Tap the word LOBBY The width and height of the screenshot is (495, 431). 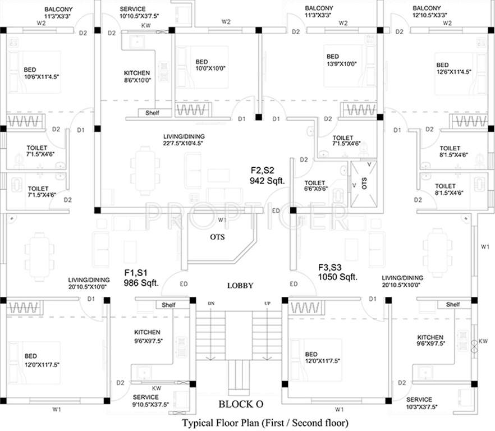[240, 286]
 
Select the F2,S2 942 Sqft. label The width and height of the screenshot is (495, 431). [268, 175]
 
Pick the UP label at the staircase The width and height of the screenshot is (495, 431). [267, 304]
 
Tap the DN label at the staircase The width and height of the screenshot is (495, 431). [211, 304]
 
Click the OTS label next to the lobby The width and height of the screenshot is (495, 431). [217, 237]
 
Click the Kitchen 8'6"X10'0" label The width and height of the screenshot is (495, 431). [137, 77]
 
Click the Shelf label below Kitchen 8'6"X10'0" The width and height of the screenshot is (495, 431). [152, 113]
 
